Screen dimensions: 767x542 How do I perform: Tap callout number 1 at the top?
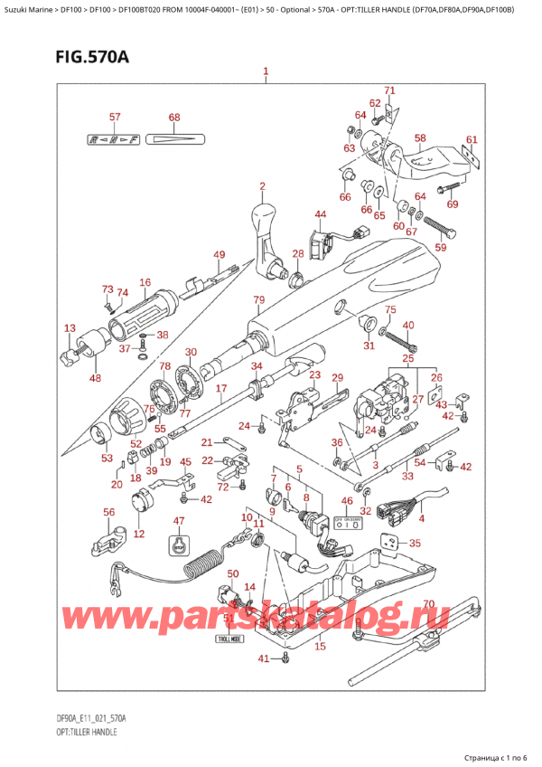[265, 71]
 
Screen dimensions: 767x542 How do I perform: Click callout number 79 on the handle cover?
[258, 299]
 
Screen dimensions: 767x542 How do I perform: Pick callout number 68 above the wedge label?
[174, 118]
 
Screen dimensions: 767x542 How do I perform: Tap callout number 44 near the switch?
[320, 214]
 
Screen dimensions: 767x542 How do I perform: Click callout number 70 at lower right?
[428, 604]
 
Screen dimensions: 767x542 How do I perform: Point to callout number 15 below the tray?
[319, 646]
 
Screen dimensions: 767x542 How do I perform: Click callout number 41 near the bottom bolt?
[263, 658]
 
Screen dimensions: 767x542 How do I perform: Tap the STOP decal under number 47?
[179, 545]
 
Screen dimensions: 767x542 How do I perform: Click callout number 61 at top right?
[470, 139]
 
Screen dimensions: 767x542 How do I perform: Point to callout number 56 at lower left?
[110, 512]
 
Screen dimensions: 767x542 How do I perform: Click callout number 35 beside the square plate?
[415, 544]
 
